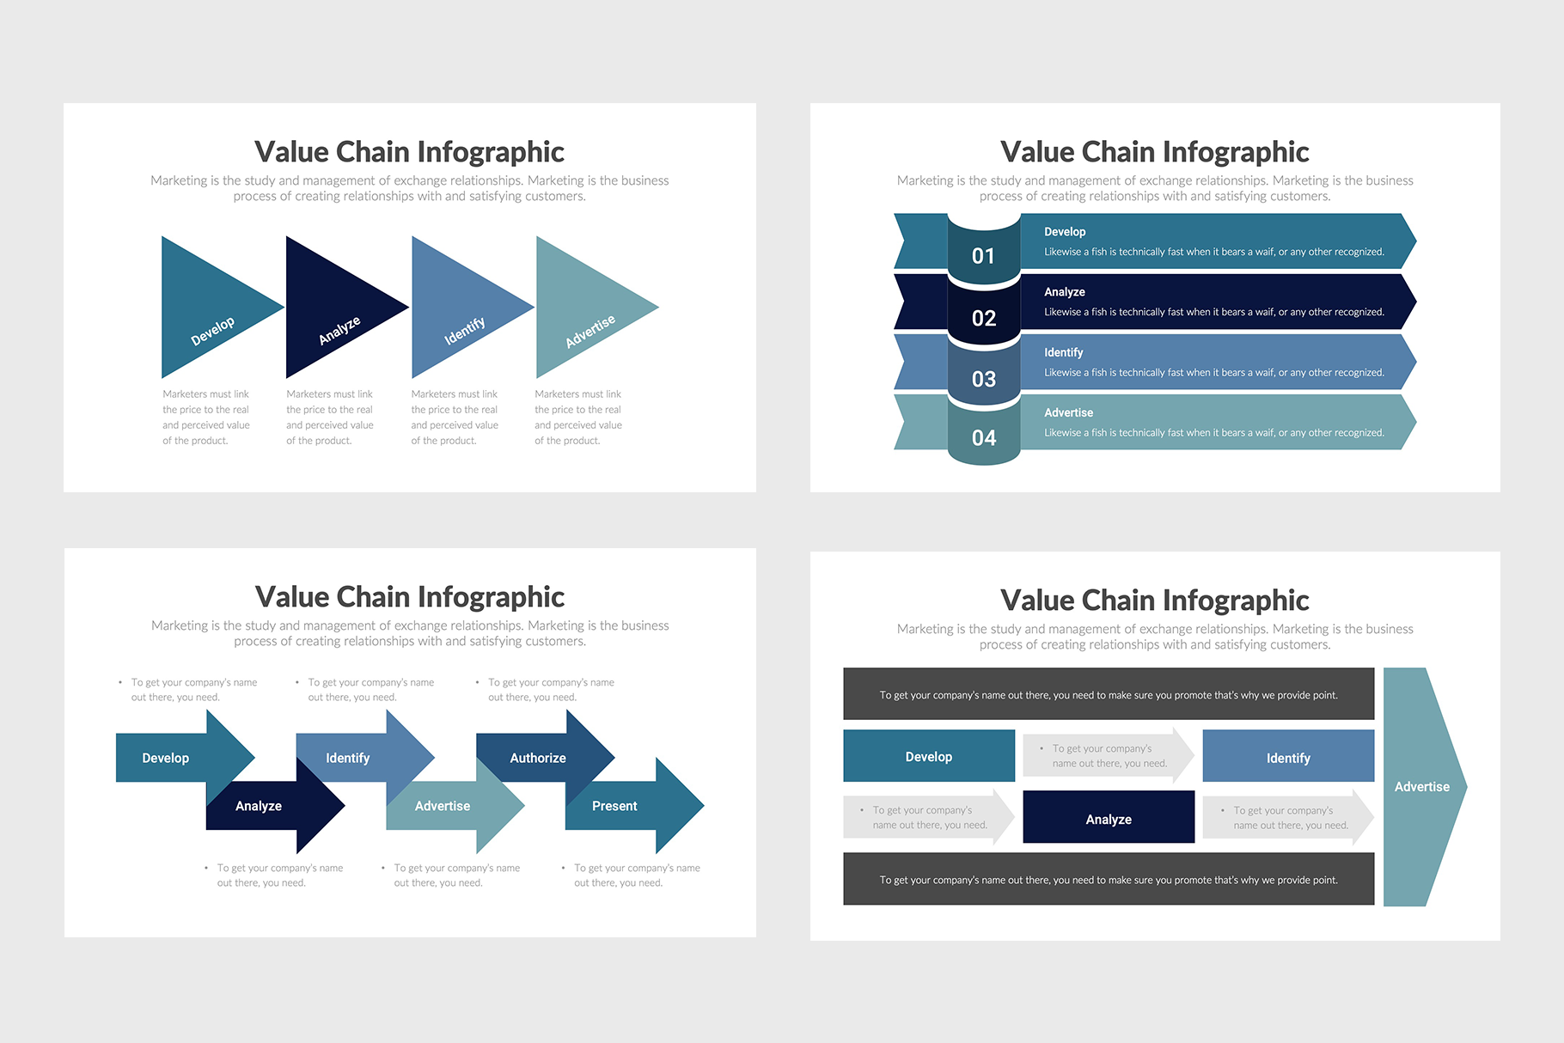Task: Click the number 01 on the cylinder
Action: coord(983,256)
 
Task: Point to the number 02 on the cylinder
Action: coord(983,318)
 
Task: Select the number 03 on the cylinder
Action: coord(983,379)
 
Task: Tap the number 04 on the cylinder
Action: coord(983,438)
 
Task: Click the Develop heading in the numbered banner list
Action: coord(1065,232)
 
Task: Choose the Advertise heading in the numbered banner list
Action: coord(1068,412)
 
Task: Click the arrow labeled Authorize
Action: coord(538,757)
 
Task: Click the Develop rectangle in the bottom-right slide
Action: coord(929,756)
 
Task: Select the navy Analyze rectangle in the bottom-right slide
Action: coord(1109,818)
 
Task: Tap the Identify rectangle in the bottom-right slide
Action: coord(1288,757)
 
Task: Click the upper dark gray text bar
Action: coord(1109,694)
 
